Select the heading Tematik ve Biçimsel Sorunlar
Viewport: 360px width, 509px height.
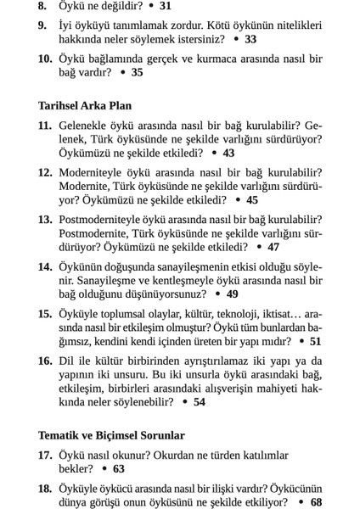point(111,435)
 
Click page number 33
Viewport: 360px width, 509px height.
point(250,39)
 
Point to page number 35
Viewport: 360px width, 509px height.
point(138,73)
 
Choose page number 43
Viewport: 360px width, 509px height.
point(229,154)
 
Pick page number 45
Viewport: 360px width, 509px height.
point(252,200)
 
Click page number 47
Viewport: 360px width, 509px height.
point(273,247)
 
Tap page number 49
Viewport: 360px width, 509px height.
point(233,294)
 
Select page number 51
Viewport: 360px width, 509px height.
point(315,341)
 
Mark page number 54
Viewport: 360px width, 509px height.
point(200,402)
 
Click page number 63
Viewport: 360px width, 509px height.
point(118,468)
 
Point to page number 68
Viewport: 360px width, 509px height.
point(317,501)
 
